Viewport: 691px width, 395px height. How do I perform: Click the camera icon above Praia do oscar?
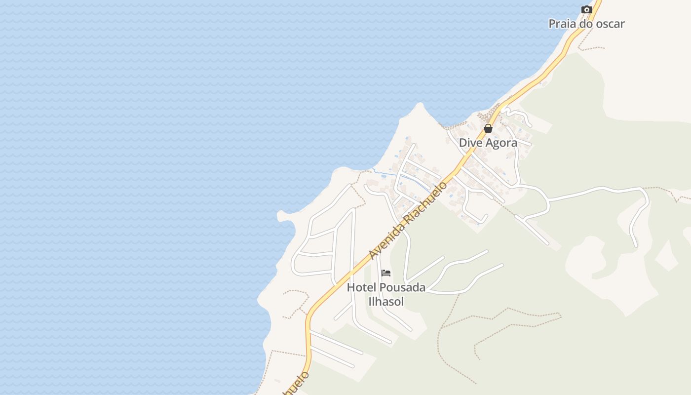coord(586,10)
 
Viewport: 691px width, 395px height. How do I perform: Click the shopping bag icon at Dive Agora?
coord(488,129)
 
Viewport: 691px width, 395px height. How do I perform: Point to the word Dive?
coord(469,143)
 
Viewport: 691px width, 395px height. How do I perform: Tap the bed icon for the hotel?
coord(386,273)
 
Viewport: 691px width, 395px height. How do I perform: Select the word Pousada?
coord(402,287)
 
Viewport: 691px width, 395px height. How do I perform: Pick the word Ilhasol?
coord(386,301)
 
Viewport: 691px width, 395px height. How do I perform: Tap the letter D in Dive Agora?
coord(463,143)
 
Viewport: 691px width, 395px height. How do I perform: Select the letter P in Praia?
coord(552,24)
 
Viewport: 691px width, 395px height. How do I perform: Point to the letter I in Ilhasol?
coord(370,301)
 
